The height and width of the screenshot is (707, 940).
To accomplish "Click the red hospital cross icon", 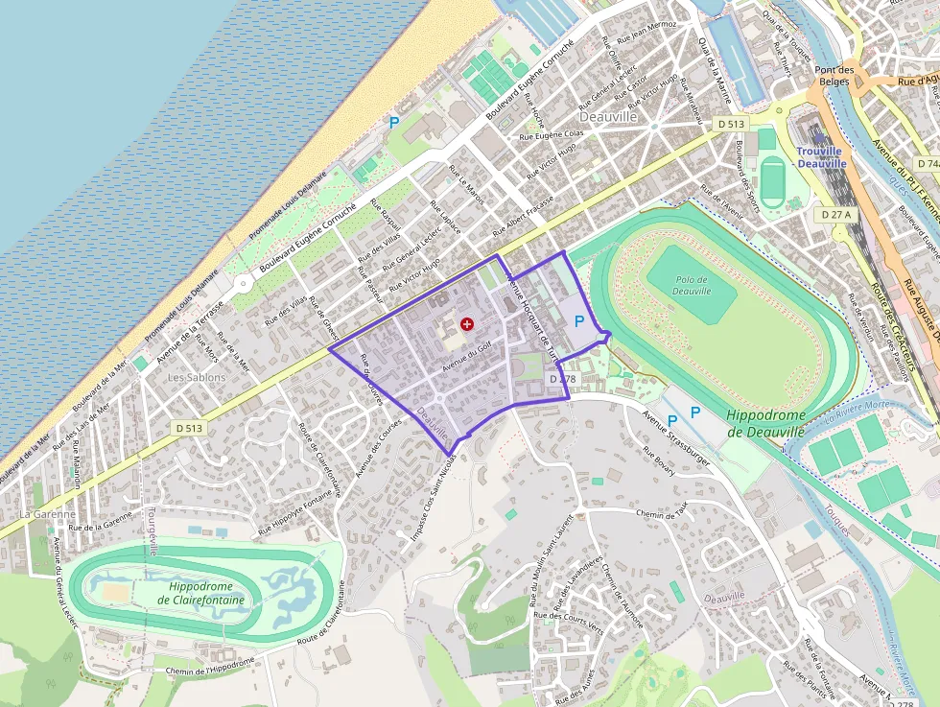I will (467, 324).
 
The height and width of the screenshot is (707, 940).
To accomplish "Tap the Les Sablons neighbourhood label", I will (197, 377).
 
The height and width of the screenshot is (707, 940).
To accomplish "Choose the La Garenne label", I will (47, 514).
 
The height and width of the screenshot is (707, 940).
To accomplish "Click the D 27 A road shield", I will (836, 216).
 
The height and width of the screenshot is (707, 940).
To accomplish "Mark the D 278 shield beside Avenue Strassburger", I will (562, 380).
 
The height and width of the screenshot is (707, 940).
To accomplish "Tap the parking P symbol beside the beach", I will (393, 122).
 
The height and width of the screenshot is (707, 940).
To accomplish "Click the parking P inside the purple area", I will (579, 321).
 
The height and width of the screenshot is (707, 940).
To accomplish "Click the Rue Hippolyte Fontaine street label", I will (294, 513).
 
